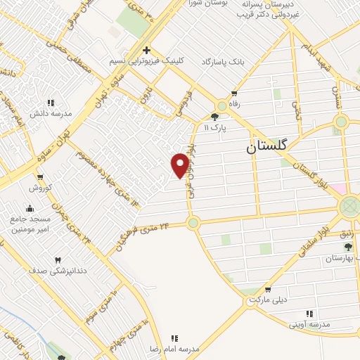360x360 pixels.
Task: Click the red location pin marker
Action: click(x=180, y=165)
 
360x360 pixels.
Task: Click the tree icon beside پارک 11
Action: click(x=215, y=117)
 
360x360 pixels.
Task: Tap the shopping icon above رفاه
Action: click(x=234, y=93)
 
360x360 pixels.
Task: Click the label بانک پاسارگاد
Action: click(x=225, y=62)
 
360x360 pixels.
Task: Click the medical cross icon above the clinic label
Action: click(x=146, y=50)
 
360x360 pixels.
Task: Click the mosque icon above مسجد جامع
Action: click(x=30, y=208)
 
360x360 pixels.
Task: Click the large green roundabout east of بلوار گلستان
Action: click(x=349, y=207)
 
